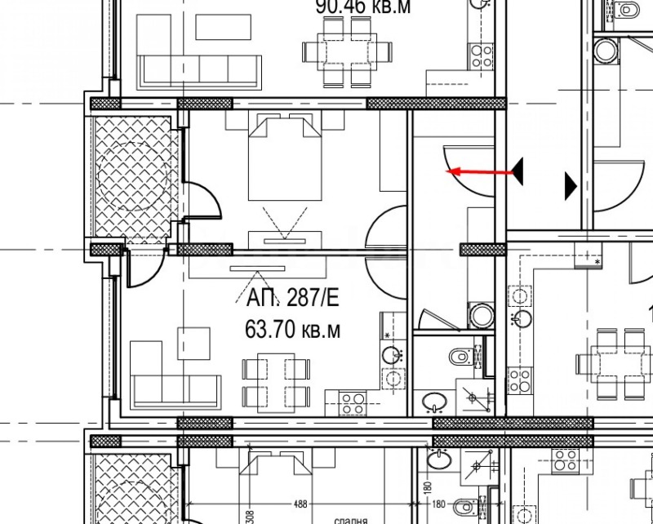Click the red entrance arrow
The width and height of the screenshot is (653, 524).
click(x=482, y=171)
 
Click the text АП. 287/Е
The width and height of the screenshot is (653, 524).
click(x=291, y=300)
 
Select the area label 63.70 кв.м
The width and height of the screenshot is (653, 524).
click(x=291, y=330)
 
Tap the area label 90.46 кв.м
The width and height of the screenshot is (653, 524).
click(x=362, y=8)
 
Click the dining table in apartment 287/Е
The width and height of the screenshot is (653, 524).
click(x=276, y=381)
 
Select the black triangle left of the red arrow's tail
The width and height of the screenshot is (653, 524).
click(x=518, y=171)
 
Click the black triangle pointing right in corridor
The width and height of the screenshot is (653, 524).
click(x=570, y=186)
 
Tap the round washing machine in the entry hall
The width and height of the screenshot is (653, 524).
click(x=481, y=315)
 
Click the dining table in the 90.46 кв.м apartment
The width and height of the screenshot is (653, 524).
click(x=342, y=51)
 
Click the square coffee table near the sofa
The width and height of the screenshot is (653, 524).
click(x=193, y=343)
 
